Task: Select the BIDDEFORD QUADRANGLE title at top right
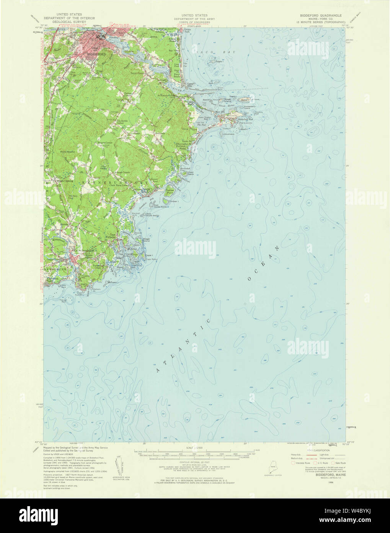pos(321,16)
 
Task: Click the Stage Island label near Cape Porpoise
pos(146,240)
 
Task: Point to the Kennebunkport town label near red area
pos(83,250)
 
